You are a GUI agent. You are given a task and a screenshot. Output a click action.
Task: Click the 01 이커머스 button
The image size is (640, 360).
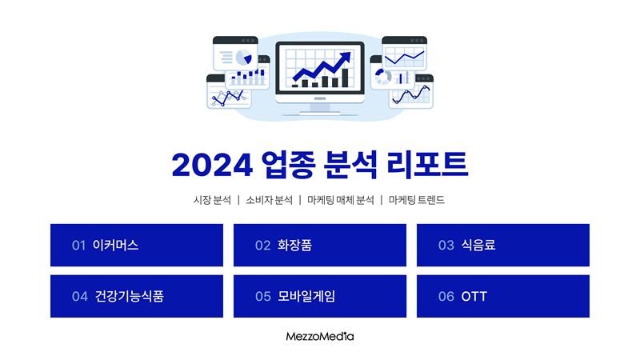point(137,245)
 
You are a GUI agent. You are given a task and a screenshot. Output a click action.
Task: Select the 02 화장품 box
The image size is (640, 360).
point(320,245)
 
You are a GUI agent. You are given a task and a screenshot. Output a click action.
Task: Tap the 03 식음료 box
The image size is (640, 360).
point(503,245)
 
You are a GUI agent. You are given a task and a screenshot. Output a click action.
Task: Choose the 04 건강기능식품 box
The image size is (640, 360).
point(137,296)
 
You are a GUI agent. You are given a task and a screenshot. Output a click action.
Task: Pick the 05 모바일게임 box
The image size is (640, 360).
point(320,296)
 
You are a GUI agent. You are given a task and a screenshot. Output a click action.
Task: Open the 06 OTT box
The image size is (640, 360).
point(503,296)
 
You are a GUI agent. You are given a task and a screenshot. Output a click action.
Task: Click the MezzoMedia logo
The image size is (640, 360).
point(320,336)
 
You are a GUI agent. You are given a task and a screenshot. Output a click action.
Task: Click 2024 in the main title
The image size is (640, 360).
point(212,166)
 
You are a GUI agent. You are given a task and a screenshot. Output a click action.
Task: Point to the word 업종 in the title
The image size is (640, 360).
point(288,165)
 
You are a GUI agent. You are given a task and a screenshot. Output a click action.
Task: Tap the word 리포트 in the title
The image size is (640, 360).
point(427,165)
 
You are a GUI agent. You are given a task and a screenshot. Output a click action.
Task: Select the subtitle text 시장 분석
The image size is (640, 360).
point(212,200)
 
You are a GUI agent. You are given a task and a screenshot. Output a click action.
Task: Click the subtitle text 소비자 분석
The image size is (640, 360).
point(269,200)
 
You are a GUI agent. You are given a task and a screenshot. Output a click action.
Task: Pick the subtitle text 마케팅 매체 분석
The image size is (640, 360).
point(341,200)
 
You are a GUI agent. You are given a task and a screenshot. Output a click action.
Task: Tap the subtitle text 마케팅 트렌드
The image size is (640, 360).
point(416,200)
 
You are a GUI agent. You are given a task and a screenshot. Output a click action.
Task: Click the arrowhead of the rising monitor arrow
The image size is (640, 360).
point(346,57)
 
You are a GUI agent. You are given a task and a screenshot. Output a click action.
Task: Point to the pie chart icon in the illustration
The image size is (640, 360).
point(244,57)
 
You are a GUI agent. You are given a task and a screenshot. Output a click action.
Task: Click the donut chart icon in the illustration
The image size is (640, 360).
point(383,77)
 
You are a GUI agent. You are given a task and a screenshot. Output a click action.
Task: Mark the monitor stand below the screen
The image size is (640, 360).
point(320,109)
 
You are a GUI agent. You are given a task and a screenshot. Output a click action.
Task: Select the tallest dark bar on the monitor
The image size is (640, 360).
point(345,78)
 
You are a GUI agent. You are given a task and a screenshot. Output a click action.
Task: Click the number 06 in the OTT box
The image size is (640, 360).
point(446,296)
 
